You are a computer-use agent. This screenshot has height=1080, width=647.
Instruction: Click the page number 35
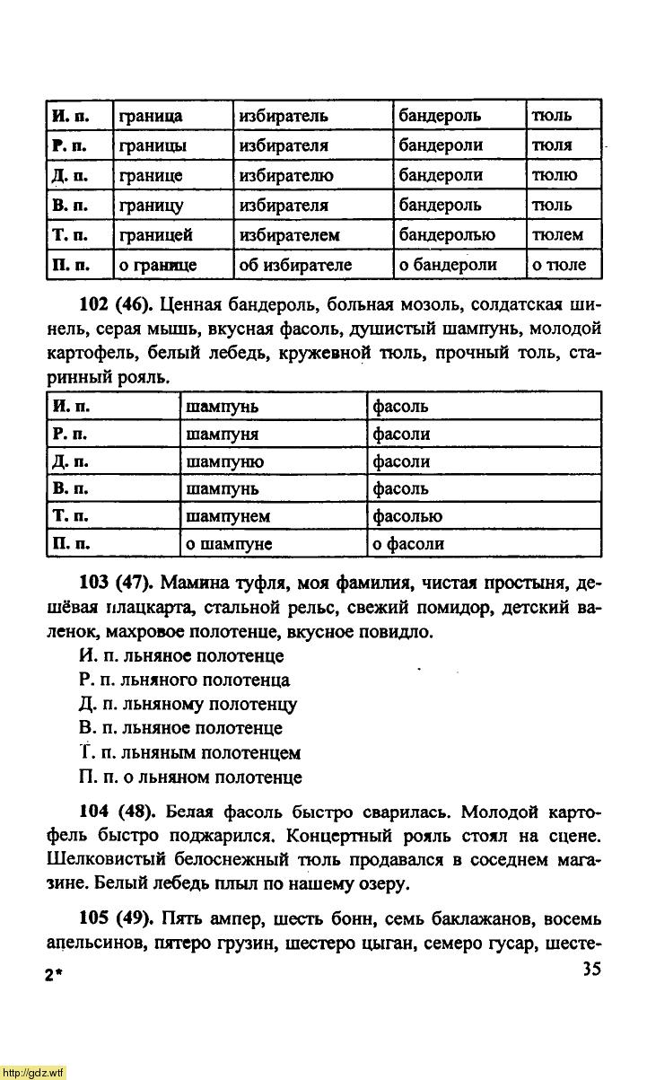tap(590, 969)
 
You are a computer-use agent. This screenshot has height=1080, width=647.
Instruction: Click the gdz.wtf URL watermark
tap(33, 1072)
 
